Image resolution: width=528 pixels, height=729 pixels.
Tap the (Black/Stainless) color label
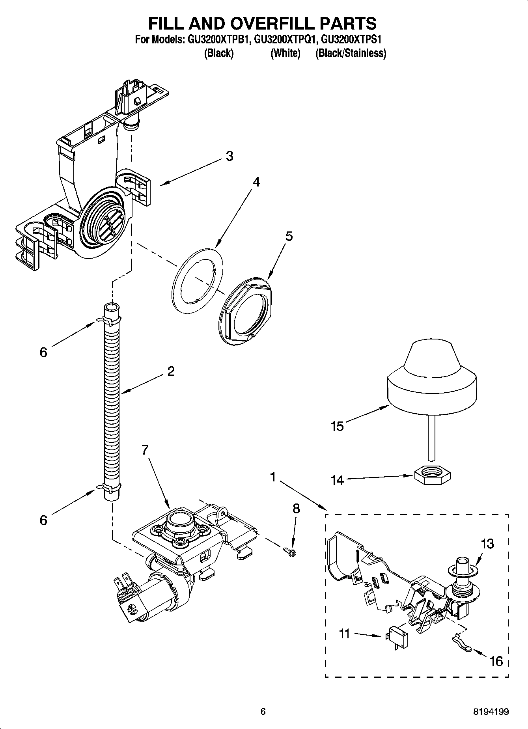[x=351, y=53]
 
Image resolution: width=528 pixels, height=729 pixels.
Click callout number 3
[x=229, y=157]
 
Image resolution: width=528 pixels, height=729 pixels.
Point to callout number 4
[x=256, y=182]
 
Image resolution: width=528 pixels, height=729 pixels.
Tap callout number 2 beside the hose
[x=171, y=371]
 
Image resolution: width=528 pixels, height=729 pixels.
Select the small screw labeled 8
[x=290, y=552]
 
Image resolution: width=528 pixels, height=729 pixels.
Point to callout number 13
[x=487, y=544]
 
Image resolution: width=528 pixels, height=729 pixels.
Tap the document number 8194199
[x=491, y=712]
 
